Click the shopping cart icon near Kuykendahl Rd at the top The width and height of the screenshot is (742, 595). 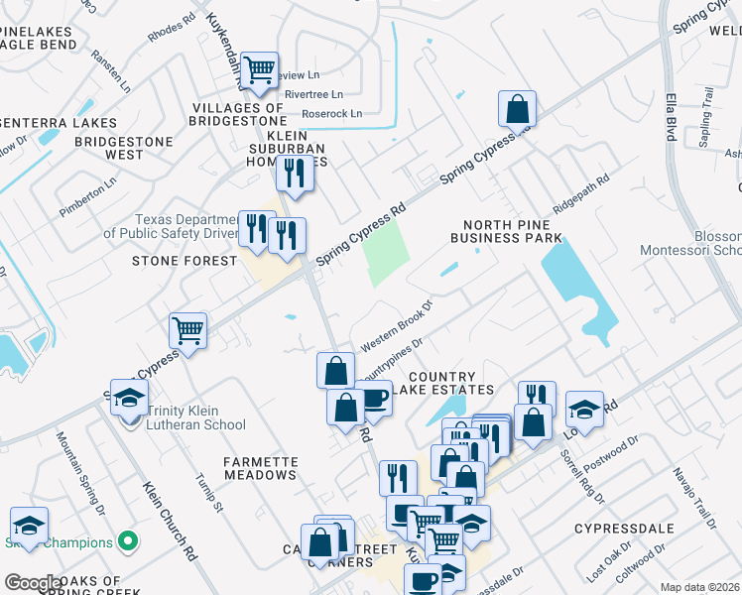pyautogui.click(x=259, y=69)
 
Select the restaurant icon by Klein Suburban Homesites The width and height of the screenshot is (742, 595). pyautogui.click(x=295, y=174)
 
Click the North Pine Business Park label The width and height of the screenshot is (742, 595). pyautogui.click(x=506, y=230)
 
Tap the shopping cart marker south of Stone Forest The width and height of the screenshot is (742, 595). pyautogui.click(x=187, y=331)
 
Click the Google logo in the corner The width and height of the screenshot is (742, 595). pyautogui.click(x=33, y=582)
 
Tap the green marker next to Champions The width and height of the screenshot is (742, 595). pyautogui.click(x=127, y=542)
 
